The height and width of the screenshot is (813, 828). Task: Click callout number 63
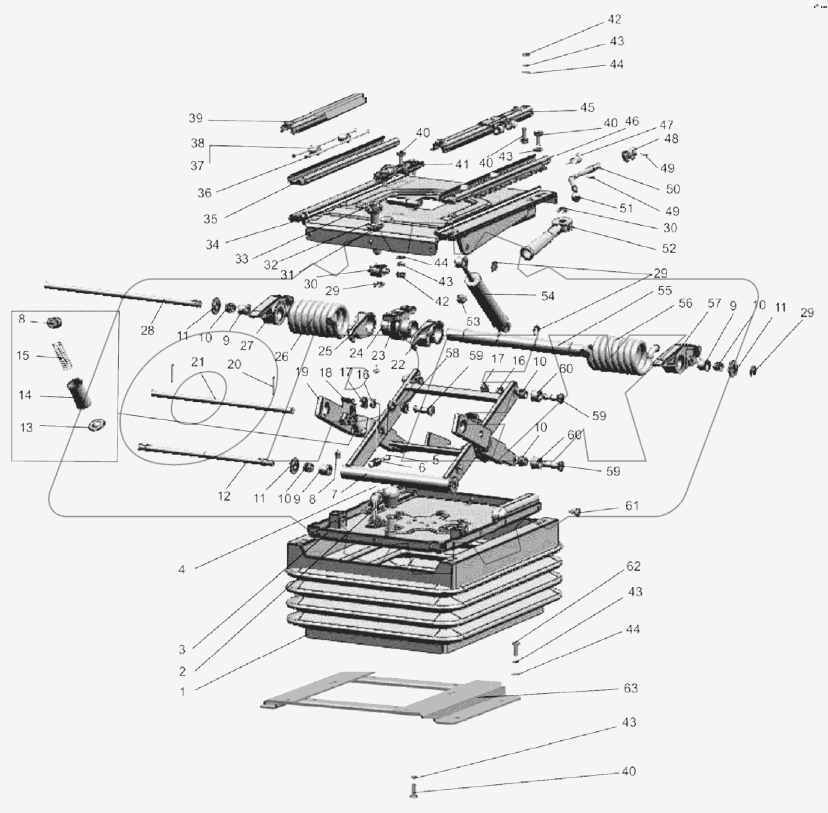630,688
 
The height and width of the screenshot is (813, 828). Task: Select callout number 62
633,566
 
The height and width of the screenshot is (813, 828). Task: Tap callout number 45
586,108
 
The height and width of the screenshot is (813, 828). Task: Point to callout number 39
196,118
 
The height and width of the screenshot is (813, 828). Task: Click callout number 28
147,330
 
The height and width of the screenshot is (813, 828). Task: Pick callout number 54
548,296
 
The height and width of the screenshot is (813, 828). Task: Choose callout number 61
631,505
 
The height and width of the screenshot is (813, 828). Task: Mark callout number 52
668,248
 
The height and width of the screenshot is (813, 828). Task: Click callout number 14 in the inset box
25,395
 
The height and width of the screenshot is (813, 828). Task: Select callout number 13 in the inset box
26,427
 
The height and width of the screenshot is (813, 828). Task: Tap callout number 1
183,692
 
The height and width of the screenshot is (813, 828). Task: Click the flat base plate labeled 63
388,700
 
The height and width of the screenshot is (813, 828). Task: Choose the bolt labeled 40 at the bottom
413,790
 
